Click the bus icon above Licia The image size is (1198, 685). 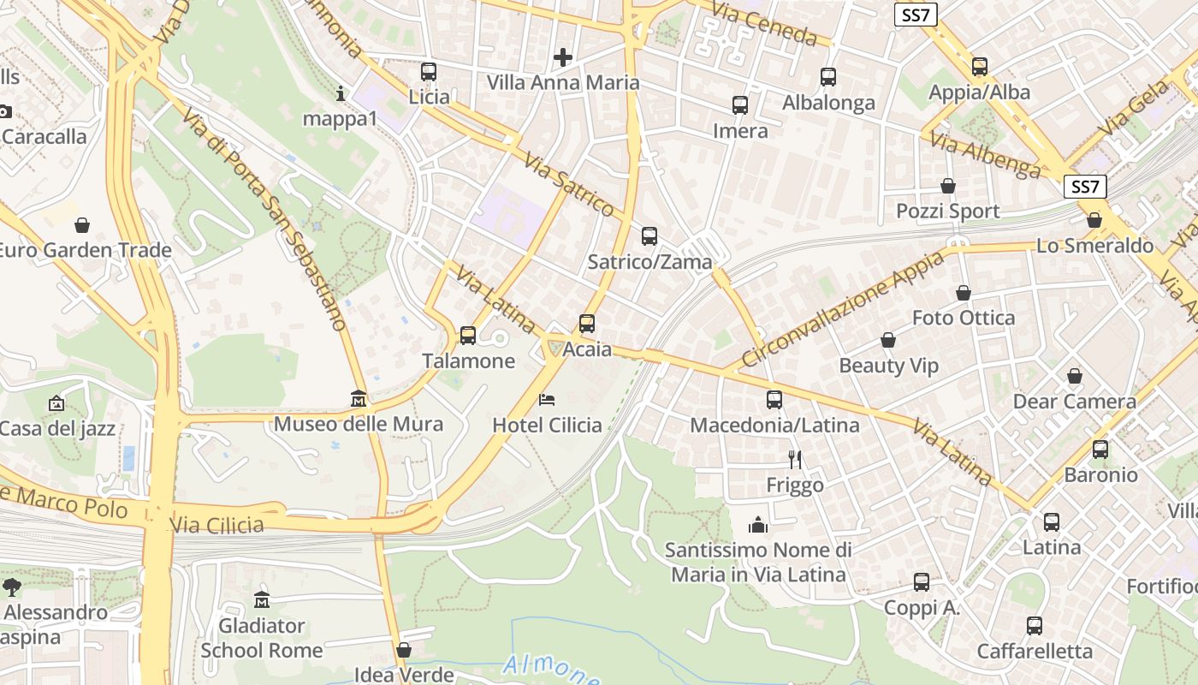point(429,72)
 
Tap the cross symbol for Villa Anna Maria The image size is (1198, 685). point(563,57)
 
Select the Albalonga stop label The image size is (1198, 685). point(828,103)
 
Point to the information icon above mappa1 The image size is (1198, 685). point(341,93)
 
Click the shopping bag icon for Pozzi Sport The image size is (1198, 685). point(948,186)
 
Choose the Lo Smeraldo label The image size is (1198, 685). point(1094,246)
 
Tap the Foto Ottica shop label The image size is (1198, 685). point(963,318)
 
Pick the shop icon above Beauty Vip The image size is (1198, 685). point(888,340)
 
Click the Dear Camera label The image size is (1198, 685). point(1074,402)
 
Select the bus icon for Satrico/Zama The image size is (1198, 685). point(649,235)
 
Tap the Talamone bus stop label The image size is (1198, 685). point(468,361)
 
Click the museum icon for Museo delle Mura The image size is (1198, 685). point(359,399)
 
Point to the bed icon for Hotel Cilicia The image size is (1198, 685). point(547,400)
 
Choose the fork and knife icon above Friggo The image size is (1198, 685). point(795,460)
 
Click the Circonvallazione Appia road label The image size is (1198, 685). point(844,308)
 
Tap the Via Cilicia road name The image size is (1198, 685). point(216,524)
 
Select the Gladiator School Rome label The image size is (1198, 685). point(261,638)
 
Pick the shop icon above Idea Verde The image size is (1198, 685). point(404,650)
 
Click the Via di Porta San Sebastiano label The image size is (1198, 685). point(264,220)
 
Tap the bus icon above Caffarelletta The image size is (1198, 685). point(1035,626)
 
